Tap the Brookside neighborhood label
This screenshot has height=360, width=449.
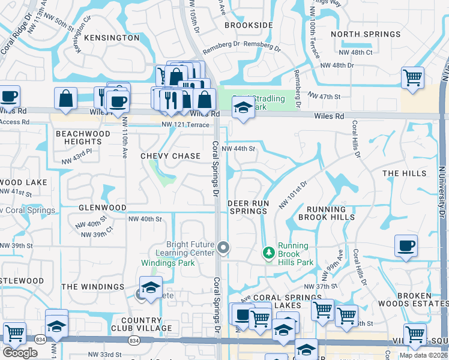coord(249,26)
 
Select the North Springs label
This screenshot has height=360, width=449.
coord(366,34)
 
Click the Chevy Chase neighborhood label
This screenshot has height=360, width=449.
coord(170,156)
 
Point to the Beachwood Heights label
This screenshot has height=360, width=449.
coord(83,137)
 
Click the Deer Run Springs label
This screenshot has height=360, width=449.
coord(248,207)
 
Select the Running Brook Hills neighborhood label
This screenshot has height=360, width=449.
coord(330,213)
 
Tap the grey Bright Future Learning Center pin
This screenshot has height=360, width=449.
coord(224,247)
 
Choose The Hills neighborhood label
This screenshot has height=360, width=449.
coord(404,173)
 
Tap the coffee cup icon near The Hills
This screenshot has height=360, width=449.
coord(406,246)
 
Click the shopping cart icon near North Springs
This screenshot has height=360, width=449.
coord(413,77)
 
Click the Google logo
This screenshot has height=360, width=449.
coord(20,353)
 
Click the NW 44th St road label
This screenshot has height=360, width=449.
coord(238,149)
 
